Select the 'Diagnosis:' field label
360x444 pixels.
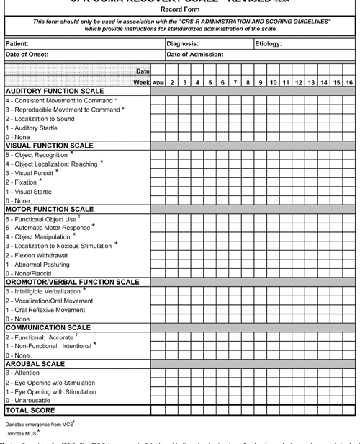(182, 44)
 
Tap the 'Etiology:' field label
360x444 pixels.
(269, 44)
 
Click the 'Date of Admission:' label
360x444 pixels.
(195, 55)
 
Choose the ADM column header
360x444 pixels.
(158, 83)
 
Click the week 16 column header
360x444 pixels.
(348, 83)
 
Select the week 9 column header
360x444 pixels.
(261, 83)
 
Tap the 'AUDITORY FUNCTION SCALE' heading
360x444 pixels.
(54, 92)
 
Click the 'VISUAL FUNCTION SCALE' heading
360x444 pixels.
(49, 146)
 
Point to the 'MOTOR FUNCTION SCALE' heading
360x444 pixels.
(49, 209)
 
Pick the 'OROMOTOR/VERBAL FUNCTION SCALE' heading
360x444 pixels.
(72, 282)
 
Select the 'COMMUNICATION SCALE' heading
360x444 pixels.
(48, 327)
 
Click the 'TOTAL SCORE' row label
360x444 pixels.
(30, 410)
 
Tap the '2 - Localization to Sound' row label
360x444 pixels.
(40, 119)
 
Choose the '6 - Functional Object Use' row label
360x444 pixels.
(41, 219)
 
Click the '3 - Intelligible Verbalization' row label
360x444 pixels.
(45, 292)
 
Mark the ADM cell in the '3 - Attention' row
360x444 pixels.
(158, 373)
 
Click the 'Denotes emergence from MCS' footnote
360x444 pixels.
(40, 425)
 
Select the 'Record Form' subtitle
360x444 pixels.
(180, 11)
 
